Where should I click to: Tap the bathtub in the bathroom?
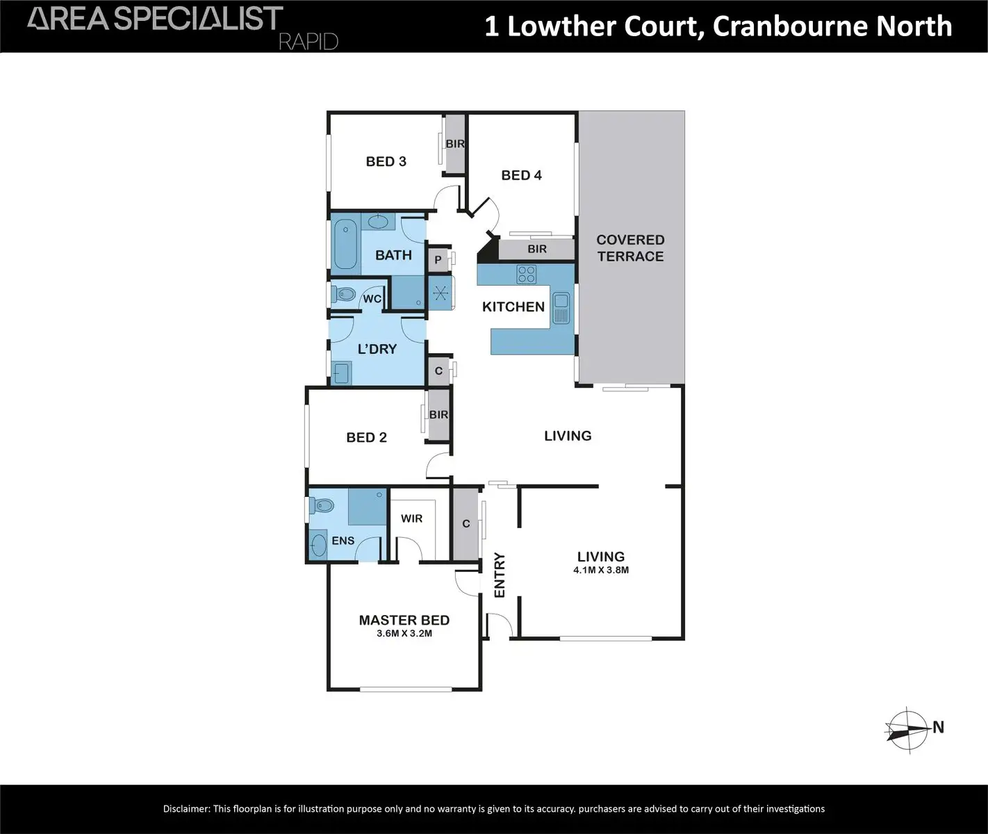(346, 244)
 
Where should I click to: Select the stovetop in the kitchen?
(526, 274)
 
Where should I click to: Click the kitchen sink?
(561, 308)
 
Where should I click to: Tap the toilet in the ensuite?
(322, 506)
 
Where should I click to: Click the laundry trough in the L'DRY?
(341, 373)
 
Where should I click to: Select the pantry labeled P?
(438, 260)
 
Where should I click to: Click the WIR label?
(411, 518)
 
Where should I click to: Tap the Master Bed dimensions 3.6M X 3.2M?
(404, 633)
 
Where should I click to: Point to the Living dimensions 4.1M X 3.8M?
(601, 570)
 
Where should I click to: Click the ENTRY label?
(500, 575)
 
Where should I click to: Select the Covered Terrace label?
(630, 248)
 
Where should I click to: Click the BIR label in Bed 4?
(537, 249)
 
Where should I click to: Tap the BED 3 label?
(386, 161)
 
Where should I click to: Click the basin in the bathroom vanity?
(378, 221)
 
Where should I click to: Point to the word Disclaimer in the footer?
(186, 808)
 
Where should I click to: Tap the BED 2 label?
(367, 437)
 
